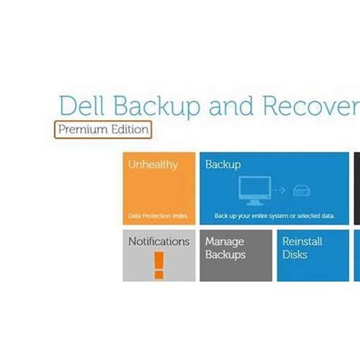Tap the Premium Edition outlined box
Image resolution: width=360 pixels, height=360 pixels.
click(103, 129)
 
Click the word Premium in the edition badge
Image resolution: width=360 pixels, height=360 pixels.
click(84, 129)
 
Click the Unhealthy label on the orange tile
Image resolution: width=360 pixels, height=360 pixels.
click(151, 165)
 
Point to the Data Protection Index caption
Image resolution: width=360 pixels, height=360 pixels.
click(157, 216)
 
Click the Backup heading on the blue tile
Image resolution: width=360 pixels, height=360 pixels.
click(223, 165)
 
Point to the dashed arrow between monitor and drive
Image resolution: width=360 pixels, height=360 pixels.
click(279, 191)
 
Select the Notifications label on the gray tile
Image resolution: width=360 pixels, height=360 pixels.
click(159, 242)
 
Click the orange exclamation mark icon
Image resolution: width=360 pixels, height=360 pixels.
click(159, 264)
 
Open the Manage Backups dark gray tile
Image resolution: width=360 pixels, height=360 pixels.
click(235, 256)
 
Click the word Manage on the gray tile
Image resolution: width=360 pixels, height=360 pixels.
click(224, 242)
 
